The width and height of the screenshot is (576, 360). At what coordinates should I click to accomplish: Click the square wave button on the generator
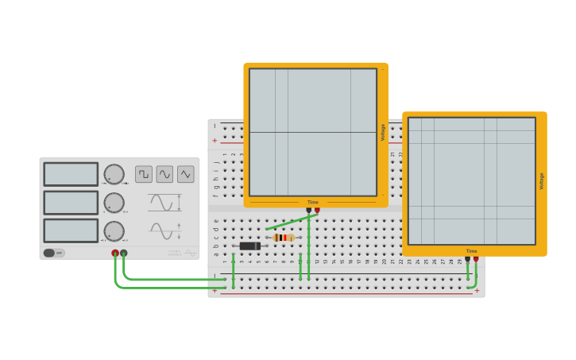click(144, 174)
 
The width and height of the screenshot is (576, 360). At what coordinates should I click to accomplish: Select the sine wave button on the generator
click(164, 174)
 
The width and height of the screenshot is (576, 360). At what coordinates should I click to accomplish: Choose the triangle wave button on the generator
click(185, 174)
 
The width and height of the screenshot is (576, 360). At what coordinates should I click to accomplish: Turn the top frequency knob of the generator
click(114, 175)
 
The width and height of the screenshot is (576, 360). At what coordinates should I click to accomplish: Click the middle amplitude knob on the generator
click(114, 203)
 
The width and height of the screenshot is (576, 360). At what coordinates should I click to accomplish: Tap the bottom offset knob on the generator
click(114, 231)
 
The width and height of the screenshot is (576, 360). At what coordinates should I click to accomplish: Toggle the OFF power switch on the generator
click(54, 253)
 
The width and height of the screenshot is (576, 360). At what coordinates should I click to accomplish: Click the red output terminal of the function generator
click(115, 254)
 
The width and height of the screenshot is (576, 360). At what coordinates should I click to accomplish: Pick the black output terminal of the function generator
click(124, 254)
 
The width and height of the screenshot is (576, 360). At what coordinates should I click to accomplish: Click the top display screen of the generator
click(71, 174)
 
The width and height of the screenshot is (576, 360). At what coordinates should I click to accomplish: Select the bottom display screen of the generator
click(71, 230)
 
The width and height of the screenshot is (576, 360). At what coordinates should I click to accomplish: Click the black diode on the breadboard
click(250, 246)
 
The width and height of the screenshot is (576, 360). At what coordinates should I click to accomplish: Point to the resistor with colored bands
click(283, 238)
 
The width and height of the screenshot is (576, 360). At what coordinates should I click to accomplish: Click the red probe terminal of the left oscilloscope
click(317, 210)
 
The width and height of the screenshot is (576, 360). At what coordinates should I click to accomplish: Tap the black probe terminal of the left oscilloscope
click(309, 210)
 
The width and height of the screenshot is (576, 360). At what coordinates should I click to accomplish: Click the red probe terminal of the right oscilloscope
click(476, 258)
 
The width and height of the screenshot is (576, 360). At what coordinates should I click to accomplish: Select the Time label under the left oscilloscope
click(313, 202)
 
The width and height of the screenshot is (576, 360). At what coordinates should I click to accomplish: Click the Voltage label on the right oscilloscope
click(542, 181)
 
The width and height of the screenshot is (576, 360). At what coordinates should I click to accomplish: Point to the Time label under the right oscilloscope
click(472, 251)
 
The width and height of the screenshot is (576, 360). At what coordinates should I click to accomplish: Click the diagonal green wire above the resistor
click(292, 222)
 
